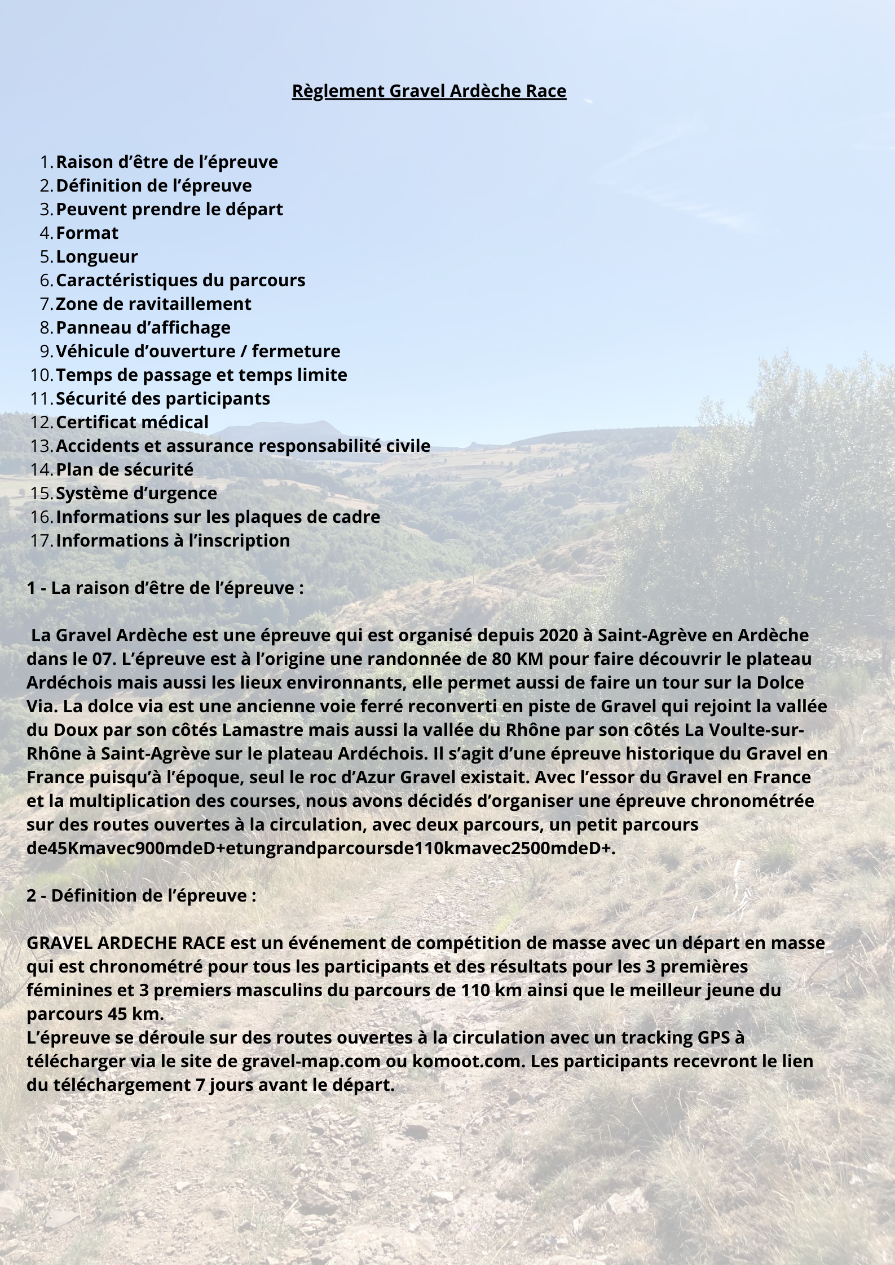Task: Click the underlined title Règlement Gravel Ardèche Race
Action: pos(429,91)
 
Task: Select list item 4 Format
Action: pos(87,233)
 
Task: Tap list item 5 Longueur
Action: pos(97,256)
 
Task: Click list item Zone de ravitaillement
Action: pos(153,304)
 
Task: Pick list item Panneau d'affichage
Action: pos(143,327)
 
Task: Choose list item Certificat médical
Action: pos(132,422)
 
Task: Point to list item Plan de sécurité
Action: pos(125,469)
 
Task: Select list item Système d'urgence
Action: pos(136,493)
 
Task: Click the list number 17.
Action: pos(41,540)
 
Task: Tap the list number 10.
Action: pos(41,375)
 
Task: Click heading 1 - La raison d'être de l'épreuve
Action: pos(165,588)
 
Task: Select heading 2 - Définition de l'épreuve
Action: pos(142,895)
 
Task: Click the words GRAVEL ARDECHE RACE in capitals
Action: pos(126,943)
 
